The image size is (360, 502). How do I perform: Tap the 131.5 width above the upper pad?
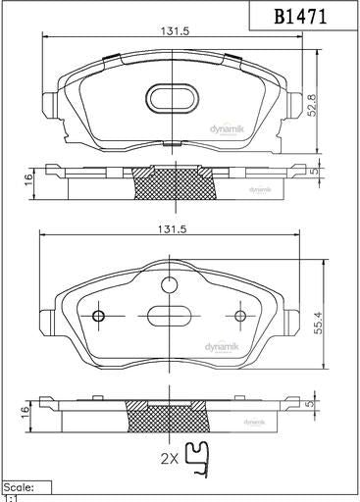point(176,30)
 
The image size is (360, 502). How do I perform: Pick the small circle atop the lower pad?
point(170,285)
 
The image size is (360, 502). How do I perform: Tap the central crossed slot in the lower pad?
point(170,317)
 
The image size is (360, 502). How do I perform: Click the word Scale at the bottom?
point(21,486)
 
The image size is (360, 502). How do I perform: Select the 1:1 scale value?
point(12,497)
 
